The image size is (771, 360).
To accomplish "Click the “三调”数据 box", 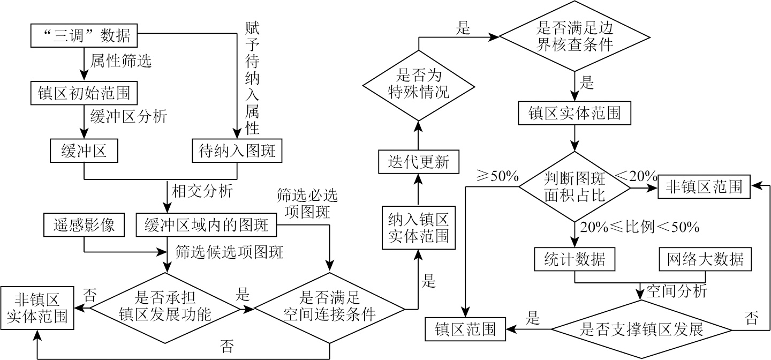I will [x=85, y=36].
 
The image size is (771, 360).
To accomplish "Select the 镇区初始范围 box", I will [x=85, y=94].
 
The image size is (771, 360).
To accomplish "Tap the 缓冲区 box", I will [x=84, y=151].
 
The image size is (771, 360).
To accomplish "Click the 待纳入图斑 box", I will [x=236, y=151].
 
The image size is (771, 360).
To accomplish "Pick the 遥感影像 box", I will [x=84, y=226].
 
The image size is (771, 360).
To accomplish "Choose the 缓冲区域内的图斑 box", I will [x=207, y=226].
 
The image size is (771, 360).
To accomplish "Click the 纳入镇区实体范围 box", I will [x=418, y=227].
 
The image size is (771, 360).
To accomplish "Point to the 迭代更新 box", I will [x=418, y=162].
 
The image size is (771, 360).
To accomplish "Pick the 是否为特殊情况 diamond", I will [x=418, y=86].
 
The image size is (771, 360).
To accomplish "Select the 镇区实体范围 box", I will [x=575, y=114].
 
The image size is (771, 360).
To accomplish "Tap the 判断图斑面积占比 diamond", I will [x=575, y=186].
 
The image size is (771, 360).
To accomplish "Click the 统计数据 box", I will [x=575, y=259].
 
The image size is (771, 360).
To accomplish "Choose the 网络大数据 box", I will [x=705, y=259].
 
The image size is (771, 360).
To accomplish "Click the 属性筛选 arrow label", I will [x=120, y=61].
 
